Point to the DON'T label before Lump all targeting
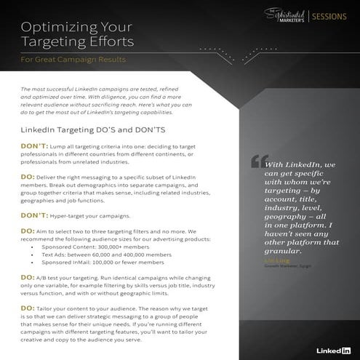tap(33, 145)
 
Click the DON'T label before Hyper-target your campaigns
tap(33, 216)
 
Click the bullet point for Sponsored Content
tap(33, 247)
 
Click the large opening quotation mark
tap(255, 161)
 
